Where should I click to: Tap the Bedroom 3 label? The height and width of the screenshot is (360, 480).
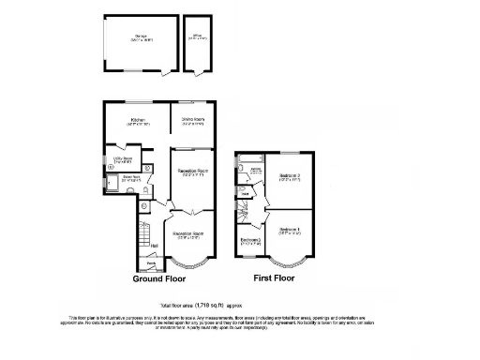(249, 241)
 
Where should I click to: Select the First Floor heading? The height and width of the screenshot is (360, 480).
(278, 278)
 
